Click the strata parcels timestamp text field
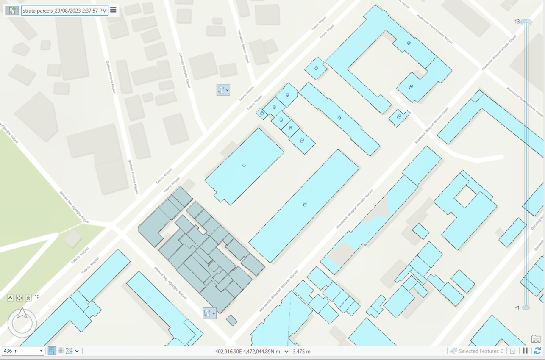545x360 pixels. pos(65,11)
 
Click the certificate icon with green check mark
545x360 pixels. pos(12,11)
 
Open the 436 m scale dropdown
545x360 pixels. pos(41,351)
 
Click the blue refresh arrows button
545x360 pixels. pos(537,351)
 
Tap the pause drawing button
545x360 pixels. pos(525,351)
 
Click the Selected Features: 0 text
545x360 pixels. pos(481,351)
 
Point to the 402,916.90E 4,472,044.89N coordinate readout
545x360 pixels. pos(248,352)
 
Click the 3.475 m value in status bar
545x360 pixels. pos(302,352)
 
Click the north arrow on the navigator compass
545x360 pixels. pos(22,314)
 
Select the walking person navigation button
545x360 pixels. pos(28,298)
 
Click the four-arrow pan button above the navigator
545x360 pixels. pos(19,298)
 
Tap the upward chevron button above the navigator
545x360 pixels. pos(11,298)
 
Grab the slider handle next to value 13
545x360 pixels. pos(526,22)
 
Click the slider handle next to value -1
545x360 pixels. pos(526,307)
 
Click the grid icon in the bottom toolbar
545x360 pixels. pos(61,351)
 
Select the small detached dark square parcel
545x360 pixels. pos(231,320)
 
